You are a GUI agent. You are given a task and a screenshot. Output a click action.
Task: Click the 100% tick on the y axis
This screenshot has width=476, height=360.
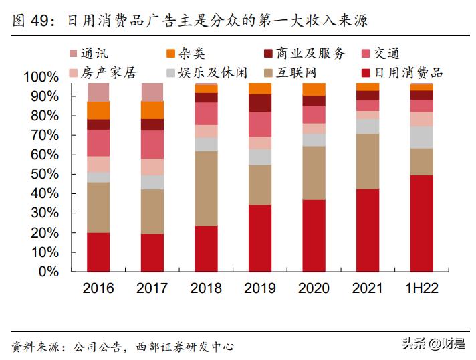pyautogui.click(x=41, y=77)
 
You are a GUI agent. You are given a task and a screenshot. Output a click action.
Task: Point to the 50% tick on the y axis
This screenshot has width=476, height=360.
pyautogui.click(x=44, y=175)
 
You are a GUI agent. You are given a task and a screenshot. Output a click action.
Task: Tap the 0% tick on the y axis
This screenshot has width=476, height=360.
pyautogui.click(x=48, y=272)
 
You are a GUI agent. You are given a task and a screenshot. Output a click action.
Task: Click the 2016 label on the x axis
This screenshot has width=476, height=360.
pyautogui.click(x=98, y=289)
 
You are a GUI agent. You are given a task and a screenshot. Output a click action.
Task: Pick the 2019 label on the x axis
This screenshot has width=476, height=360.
pyautogui.click(x=259, y=289)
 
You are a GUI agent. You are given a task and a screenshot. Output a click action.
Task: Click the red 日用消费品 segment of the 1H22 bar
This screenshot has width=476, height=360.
pyautogui.click(x=421, y=223)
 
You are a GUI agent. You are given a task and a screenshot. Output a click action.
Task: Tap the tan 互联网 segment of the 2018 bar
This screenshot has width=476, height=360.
pyautogui.click(x=206, y=188)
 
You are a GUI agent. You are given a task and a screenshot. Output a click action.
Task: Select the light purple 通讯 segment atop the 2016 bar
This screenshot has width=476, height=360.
pyautogui.click(x=98, y=92)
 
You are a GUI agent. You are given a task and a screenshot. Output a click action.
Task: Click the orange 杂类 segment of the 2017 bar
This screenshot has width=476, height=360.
pyautogui.click(x=152, y=110)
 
